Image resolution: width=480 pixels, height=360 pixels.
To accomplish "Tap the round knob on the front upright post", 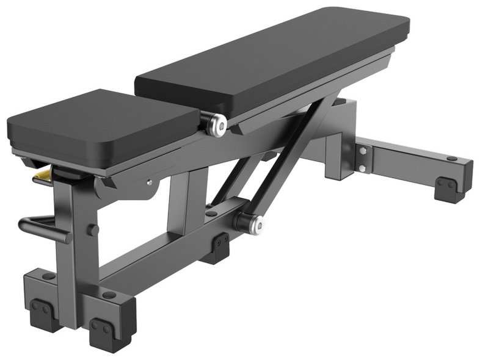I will [x=93, y=230].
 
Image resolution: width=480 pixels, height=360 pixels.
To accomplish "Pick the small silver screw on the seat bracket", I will [x=149, y=182].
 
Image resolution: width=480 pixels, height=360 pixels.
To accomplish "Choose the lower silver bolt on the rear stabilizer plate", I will [x=362, y=168].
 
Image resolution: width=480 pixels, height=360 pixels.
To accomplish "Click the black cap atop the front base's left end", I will [x=48, y=276].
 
